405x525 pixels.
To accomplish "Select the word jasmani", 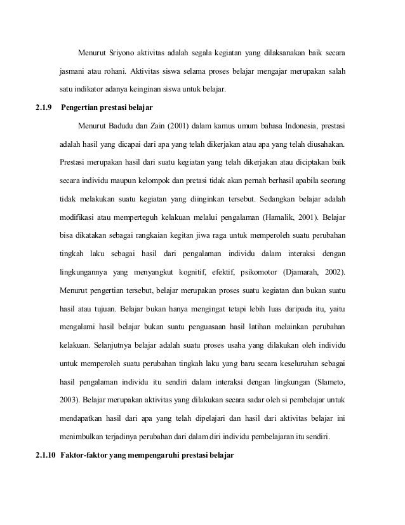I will coord(74,69).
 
